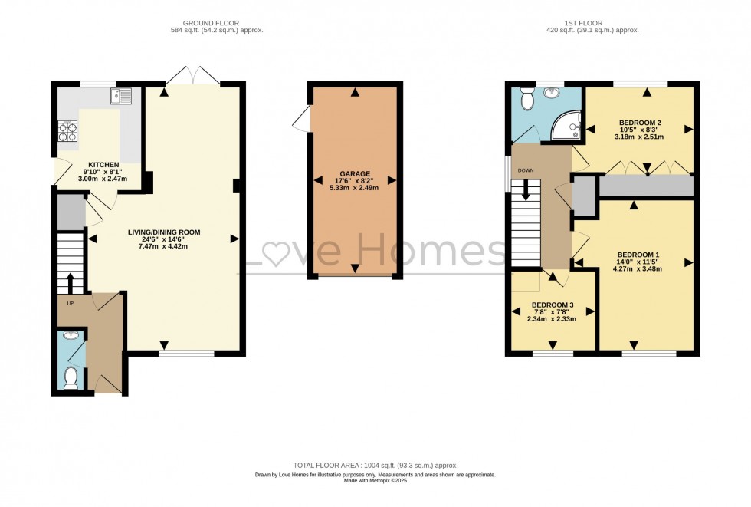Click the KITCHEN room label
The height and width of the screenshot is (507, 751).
(103, 165)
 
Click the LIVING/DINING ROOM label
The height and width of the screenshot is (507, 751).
(164, 232)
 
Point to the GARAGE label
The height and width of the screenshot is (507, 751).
(354, 174)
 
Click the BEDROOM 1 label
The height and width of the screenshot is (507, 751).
(638, 255)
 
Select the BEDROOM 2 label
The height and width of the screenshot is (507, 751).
(639, 123)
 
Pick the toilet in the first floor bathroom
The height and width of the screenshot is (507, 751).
(526, 98)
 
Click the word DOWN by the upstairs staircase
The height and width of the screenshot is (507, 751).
(526, 170)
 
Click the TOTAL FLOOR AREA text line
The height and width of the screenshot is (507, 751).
(375, 465)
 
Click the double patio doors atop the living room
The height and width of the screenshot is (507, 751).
(193, 74)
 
